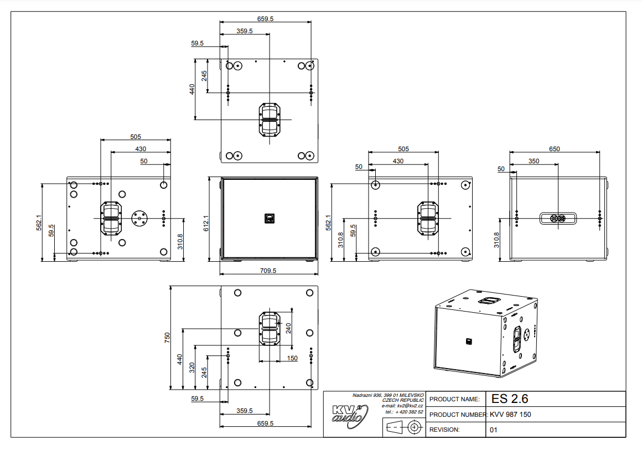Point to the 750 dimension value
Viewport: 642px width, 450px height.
coord(168,338)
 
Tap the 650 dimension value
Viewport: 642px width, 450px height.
coord(554,149)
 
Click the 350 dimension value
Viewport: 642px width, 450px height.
coord(534,161)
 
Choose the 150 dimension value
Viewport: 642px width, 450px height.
coord(292,358)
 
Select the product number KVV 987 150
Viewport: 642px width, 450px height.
coord(510,415)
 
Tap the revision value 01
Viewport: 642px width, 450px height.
coord(494,430)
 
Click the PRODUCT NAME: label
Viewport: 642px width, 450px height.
coord(454,399)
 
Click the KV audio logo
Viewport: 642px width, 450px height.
coord(350,414)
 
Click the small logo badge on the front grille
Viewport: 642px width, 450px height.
coord(269,219)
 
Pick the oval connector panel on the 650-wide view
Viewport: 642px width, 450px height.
coord(558,219)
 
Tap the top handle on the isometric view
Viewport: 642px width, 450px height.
coord(487,301)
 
